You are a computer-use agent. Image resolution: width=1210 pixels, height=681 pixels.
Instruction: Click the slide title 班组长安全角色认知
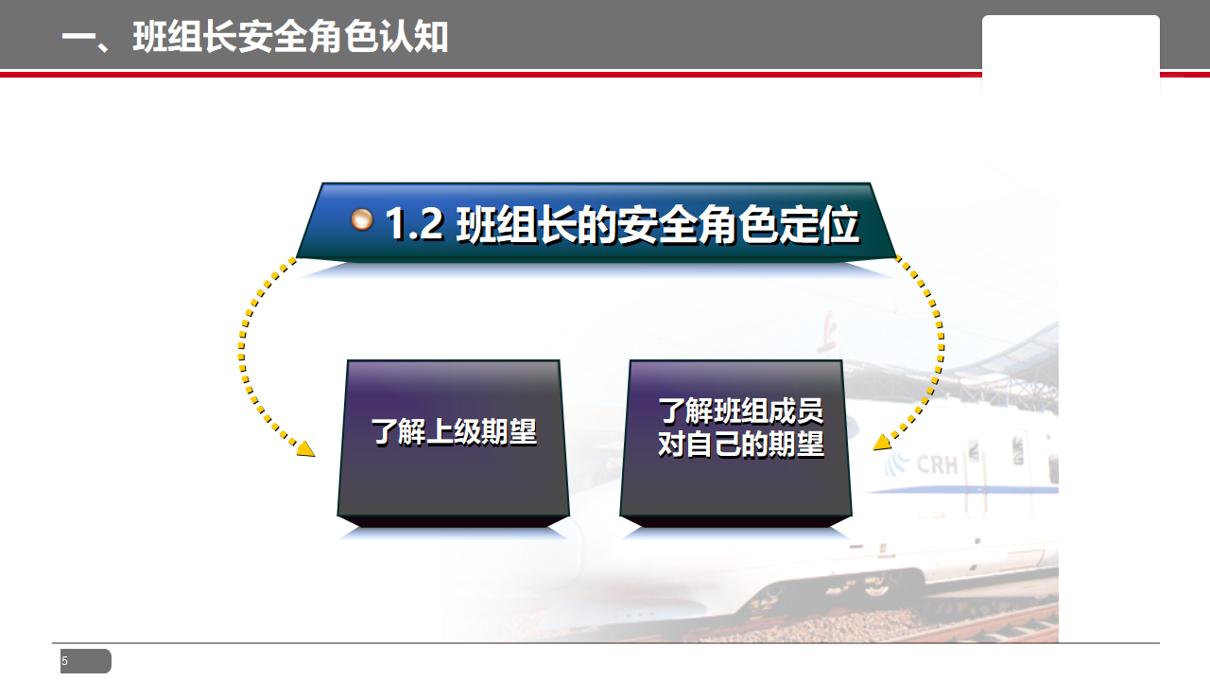pyautogui.click(x=290, y=37)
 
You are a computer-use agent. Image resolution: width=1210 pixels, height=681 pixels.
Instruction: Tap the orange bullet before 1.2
pyautogui.click(x=361, y=220)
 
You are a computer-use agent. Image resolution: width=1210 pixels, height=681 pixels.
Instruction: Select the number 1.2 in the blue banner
pyautogui.click(x=414, y=224)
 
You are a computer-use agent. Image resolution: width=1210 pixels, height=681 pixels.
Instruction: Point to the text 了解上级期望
pyautogui.click(x=454, y=432)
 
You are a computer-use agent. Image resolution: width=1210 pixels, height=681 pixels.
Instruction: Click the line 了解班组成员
pyautogui.click(x=740, y=410)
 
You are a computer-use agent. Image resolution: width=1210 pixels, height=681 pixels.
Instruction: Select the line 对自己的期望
pyautogui.click(x=740, y=444)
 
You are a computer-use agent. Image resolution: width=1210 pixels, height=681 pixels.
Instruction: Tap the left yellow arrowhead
pyautogui.click(x=306, y=449)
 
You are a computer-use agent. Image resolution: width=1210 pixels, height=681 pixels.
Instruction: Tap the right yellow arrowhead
pyautogui.click(x=882, y=443)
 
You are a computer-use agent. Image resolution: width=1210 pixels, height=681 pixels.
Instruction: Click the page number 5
pyautogui.click(x=65, y=661)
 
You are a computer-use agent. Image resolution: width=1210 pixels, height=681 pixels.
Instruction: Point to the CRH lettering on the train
pyautogui.click(x=937, y=464)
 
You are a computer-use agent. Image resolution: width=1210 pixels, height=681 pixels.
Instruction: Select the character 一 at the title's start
pyautogui.click(x=78, y=38)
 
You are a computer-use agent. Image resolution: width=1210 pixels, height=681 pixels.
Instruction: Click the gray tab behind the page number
pyautogui.click(x=86, y=661)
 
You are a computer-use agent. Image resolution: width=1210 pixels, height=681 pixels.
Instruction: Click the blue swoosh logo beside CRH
pyautogui.click(x=897, y=463)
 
